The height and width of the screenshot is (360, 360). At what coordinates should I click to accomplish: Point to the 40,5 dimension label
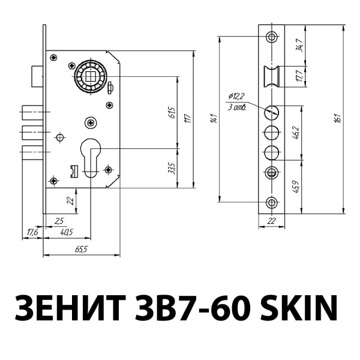67,232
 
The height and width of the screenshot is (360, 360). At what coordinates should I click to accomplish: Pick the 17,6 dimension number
32,232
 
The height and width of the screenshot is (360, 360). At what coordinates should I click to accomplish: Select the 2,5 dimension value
59,221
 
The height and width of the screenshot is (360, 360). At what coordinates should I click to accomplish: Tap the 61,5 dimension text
172,113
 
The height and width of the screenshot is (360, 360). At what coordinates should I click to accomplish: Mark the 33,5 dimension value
172,167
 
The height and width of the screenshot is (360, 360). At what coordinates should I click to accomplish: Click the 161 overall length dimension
339,119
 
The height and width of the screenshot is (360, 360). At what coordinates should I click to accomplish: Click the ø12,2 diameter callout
237,96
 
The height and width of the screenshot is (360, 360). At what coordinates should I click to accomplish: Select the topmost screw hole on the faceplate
272,37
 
